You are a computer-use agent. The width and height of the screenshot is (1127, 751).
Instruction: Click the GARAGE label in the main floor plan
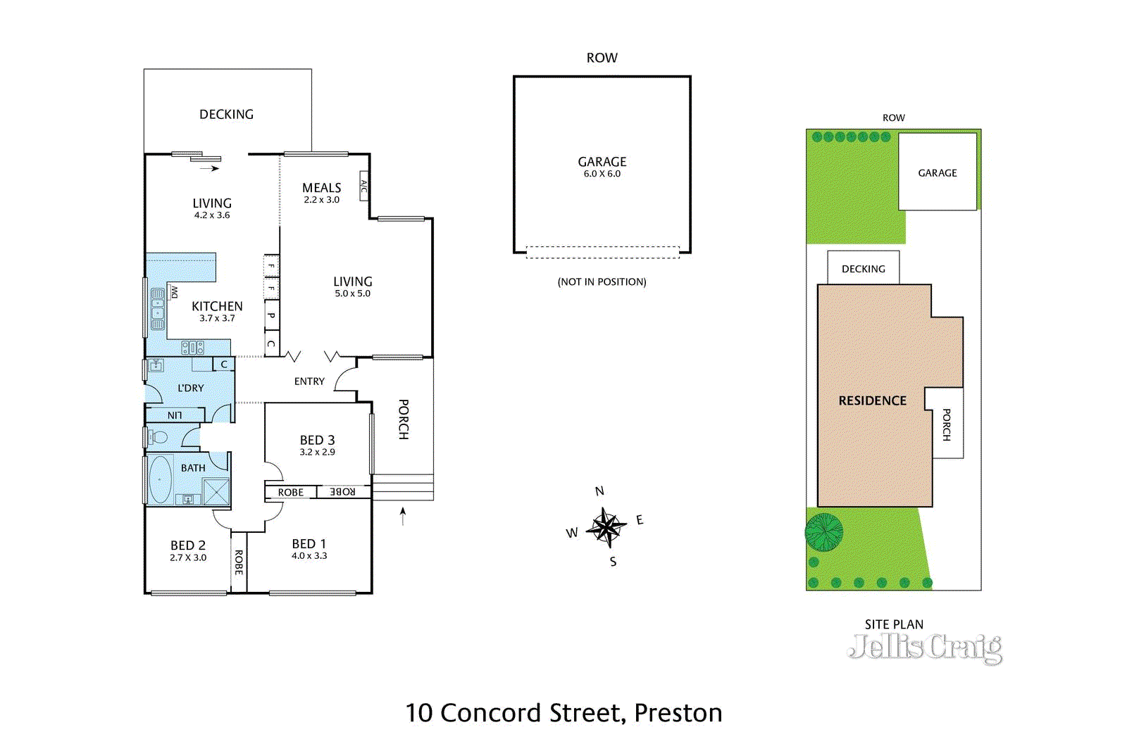(x=602, y=163)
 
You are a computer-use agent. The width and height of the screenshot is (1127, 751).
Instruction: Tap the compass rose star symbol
(x=606, y=526)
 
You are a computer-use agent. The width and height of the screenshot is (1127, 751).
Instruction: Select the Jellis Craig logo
(x=926, y=648)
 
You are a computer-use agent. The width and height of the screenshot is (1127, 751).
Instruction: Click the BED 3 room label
(x=317, y=441)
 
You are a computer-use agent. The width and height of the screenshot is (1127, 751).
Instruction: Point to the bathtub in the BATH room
(x=161, y=479)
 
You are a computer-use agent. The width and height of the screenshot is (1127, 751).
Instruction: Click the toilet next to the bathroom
(x=158, y=437)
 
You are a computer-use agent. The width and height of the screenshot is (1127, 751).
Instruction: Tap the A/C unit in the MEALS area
(x=364, y=186)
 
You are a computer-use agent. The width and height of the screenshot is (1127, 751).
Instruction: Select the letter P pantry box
(x=271, y=315)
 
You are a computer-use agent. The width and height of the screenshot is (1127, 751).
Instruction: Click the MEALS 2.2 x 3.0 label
(x=321, y=193)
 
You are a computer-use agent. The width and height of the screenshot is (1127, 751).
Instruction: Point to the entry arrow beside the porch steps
(x=403, y=516)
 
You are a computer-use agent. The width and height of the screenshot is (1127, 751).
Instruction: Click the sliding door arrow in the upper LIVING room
(x=209, y=168)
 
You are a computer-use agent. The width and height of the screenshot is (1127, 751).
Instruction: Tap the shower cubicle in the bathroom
(x=216, y=491)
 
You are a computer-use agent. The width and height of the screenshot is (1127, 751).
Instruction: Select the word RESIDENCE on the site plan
(x=872, y=400)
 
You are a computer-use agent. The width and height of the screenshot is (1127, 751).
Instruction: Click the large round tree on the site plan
(x=823, y=531)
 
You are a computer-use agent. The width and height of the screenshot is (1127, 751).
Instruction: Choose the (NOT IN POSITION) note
(x=602, y=282)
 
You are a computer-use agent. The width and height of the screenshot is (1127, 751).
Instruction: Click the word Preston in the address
(x=678, y=713)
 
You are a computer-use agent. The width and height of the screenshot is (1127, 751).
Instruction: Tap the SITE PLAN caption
(x=894, y=624)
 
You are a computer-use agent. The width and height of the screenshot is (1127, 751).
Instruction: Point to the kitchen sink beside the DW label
(x=158, y=308)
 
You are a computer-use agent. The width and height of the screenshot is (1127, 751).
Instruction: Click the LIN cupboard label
(x=175, y=415)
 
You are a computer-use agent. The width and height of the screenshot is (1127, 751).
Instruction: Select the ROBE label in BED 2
(x=239, y=562)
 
